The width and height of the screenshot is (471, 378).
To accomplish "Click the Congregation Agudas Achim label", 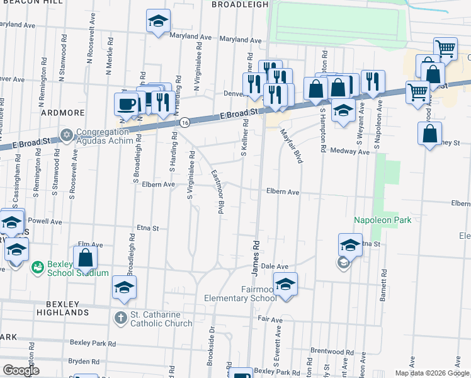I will (105, 137).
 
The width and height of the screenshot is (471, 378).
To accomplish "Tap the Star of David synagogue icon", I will (67, 135).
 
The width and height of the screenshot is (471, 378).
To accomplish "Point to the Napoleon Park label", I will (382, 220).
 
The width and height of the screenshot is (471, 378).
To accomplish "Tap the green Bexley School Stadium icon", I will (38, 268).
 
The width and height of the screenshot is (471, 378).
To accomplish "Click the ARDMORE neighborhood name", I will (63, 113).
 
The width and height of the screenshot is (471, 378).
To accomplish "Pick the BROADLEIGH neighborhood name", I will (239, 4).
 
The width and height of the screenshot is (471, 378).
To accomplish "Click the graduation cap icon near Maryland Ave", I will (158, 21).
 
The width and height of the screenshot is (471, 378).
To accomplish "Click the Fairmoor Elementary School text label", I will (240, 294).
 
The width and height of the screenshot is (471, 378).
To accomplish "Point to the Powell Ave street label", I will (45, 222).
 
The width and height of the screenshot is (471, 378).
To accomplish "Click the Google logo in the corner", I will (21, 370).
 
